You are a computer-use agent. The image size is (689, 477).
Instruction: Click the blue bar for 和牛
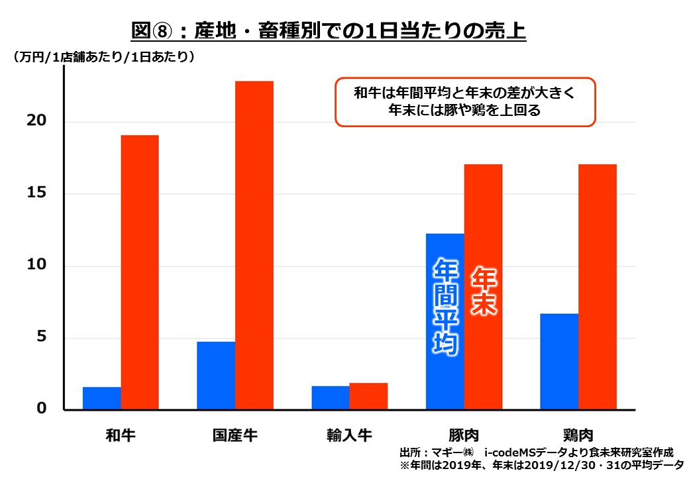point(101,398)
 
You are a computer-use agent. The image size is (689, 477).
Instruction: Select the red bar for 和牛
point(139,272)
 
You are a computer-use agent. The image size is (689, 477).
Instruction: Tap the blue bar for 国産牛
point(216,376)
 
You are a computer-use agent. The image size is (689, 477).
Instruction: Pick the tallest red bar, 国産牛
point(254,245)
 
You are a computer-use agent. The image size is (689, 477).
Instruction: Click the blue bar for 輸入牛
point(331,397)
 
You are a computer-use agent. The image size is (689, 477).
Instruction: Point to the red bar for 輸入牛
point(368,396)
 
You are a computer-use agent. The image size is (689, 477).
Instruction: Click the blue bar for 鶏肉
point(559,362)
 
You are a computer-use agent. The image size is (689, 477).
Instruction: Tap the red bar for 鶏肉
point(598,287)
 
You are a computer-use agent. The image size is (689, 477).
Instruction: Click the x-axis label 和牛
point(121,435)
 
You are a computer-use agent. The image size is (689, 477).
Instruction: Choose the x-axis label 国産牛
point(235,435)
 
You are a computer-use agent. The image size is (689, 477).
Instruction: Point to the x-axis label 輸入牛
point(349,435)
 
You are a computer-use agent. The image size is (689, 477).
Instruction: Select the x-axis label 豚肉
point(464,435)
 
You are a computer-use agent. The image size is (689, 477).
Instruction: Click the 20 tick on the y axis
point(37,121)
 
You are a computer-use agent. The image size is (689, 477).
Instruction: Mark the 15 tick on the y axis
point(37,193)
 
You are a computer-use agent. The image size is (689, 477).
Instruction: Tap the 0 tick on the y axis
point(42,409)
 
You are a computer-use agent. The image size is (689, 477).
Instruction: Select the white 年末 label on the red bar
point(484,291)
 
